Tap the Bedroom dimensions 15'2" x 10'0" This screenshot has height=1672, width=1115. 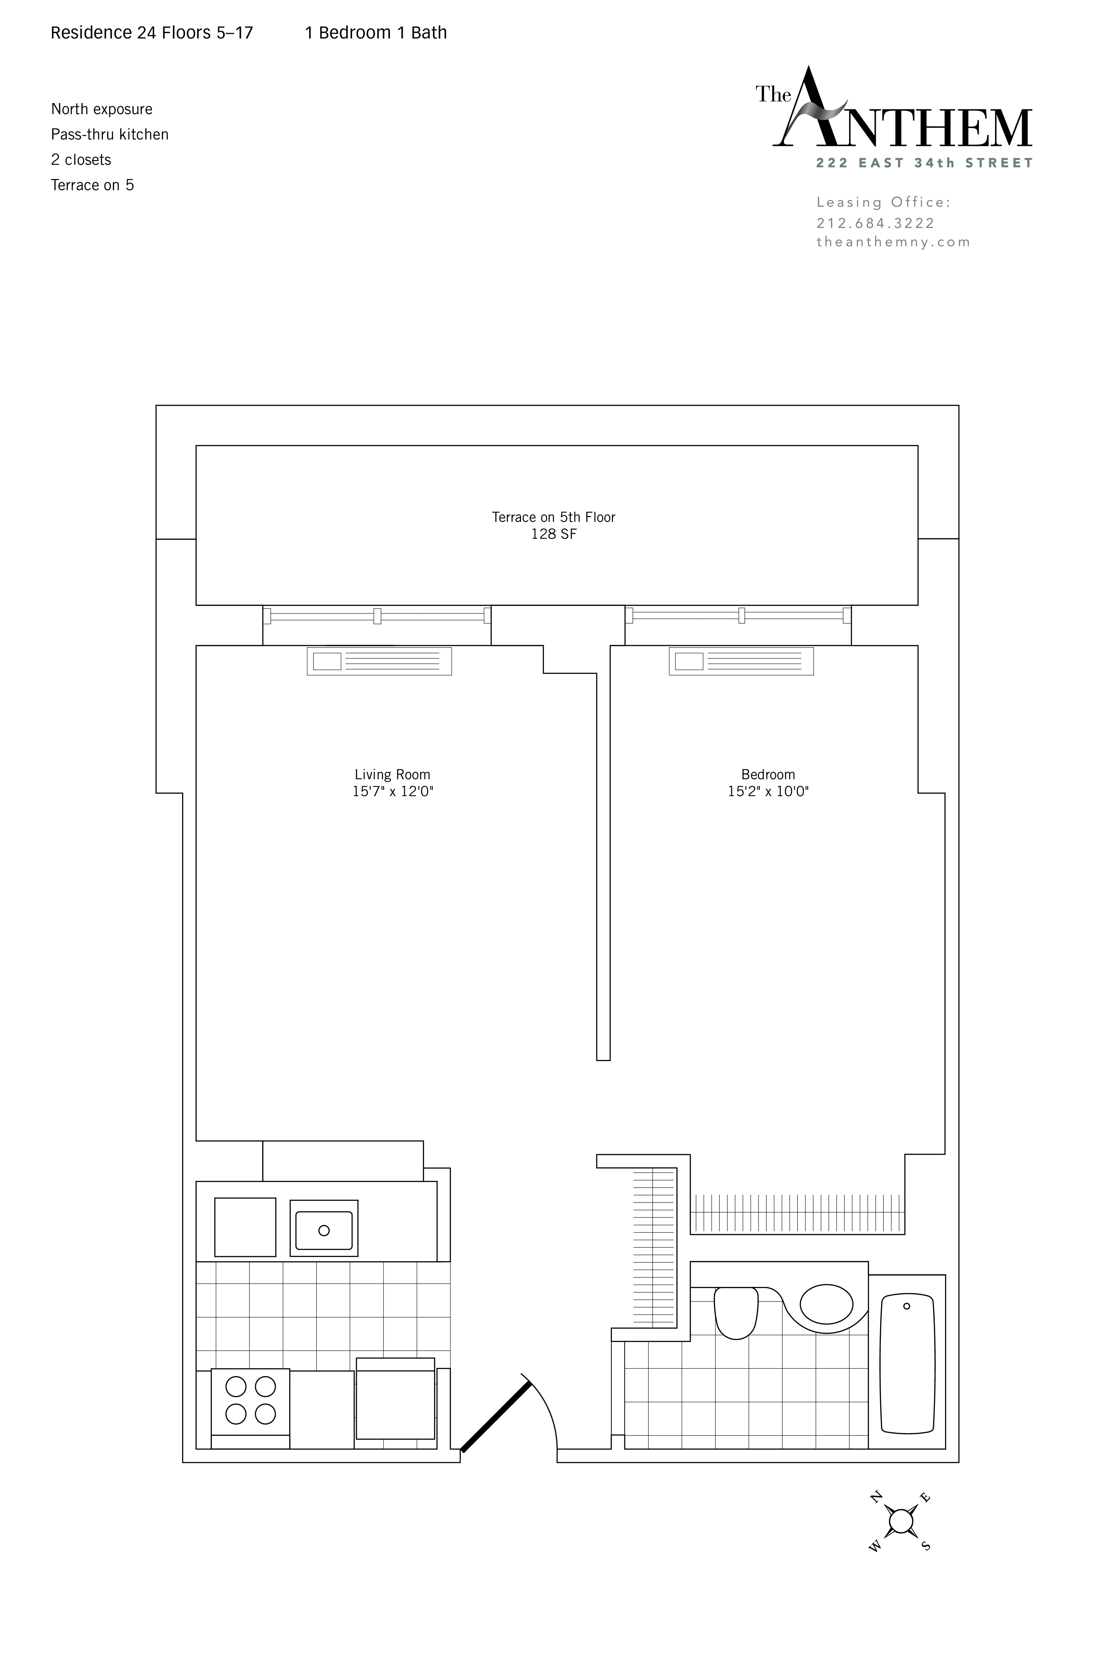[x=768, y=791]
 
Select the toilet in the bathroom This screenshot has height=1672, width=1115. [x=736, y=1312]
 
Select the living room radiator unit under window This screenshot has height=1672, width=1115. [x=379, y=661]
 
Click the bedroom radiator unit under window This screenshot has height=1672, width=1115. [x=741, y=661]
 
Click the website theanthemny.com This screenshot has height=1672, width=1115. [x=893, y=242]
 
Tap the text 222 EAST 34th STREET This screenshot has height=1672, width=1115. [x=924, y=163]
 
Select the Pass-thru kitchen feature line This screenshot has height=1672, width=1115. [x=109, y=134]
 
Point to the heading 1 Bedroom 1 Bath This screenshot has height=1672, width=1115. [x=375, y=33]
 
